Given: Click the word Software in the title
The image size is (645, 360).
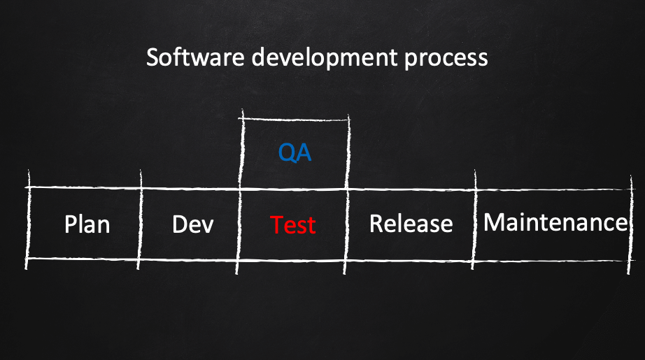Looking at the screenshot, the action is (x=195, y=57).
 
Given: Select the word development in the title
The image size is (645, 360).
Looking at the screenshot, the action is (x=324, y=58).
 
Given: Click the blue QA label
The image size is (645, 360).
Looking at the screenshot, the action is (x=295, y=152).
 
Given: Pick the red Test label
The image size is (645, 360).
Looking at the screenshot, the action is (x=293, y=225).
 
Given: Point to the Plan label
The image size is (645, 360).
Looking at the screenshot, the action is (x=87, y=225).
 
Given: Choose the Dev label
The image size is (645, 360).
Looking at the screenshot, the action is (x=193, y=225).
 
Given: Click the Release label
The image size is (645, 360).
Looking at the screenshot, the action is (x=411, y=224).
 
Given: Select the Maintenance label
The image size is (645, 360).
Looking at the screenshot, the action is (x=555, y=222).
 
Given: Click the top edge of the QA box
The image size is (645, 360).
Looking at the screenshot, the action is (x=294, y=120).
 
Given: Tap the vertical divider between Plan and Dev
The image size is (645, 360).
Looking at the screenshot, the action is (x=140, y=220).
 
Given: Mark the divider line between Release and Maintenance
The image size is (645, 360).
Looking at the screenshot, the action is (x=474, y=220).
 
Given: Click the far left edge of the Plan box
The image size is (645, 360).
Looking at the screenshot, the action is (x=28, y=220).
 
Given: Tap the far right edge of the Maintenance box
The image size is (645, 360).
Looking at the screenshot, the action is (x=630, y=225).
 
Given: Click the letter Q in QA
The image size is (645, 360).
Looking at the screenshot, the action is (x=286, y=152).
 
